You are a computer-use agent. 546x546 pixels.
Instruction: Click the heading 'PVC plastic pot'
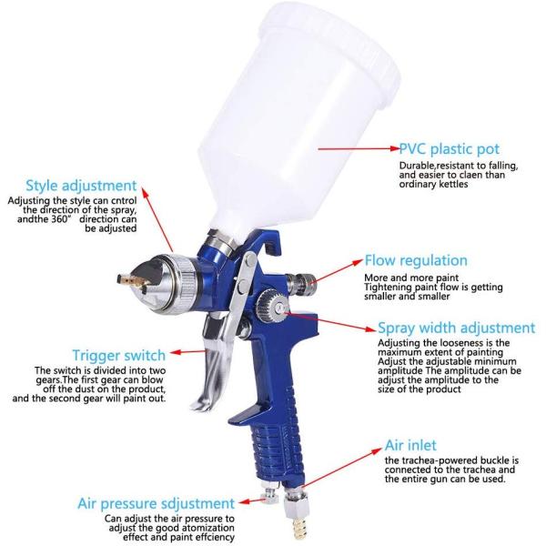point(450,149)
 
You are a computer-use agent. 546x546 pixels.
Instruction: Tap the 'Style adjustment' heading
point(81,186)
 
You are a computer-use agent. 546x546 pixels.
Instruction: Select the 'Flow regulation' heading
point(416,260)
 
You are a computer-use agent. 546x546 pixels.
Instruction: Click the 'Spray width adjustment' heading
point(457,328)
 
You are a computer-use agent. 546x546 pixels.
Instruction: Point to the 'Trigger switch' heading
point(118,356)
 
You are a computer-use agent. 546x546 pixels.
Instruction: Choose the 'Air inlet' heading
point(410,445)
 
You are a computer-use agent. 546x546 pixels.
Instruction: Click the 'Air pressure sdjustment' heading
point(156,504)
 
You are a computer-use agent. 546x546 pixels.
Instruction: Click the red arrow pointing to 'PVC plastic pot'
point(359,148)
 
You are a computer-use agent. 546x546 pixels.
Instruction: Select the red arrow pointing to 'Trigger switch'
point(188,351)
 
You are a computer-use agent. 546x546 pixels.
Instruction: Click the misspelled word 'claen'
point(470,175)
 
